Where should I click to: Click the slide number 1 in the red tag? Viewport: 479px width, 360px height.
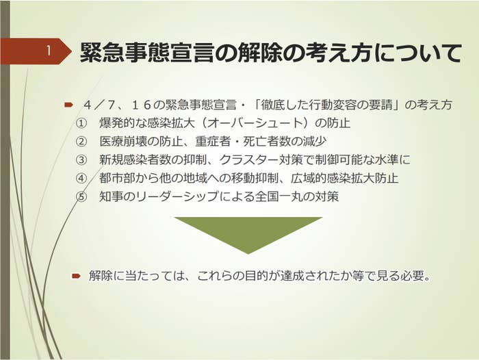pos(49,51)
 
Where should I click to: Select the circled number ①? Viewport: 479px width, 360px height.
pos(81,123)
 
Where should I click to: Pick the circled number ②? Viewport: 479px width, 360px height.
pos(81,142)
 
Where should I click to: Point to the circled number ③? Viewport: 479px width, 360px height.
pos(81,160)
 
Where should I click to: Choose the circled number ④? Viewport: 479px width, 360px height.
pos(81,178)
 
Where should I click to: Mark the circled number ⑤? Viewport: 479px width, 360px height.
pos(81,196)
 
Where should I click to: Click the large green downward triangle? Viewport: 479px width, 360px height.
pos(248,232)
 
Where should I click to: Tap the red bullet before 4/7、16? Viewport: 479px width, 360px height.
pos(68,105)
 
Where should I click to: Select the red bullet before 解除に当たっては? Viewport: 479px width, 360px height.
pos(76,277)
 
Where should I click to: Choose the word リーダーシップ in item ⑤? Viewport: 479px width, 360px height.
pos(177,196)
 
